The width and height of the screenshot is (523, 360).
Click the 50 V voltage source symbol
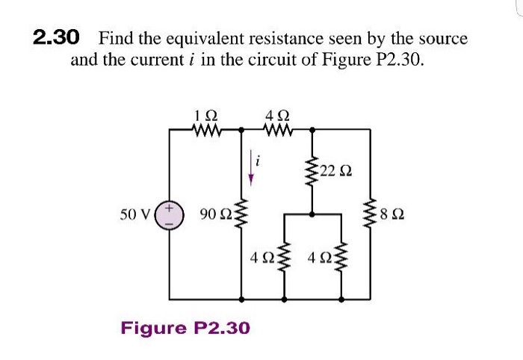point(170,214)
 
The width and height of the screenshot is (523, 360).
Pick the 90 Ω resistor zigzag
point(241,214)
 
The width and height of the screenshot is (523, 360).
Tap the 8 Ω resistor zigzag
point(371,214)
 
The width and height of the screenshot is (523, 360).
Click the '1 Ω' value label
point(205,116)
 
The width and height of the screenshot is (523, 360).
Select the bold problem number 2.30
point(55,37)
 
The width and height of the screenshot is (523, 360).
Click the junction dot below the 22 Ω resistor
point(312,214)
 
